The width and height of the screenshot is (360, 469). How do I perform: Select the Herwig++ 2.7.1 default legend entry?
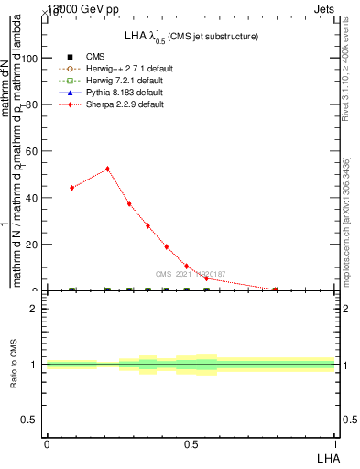click(x=128, y=69)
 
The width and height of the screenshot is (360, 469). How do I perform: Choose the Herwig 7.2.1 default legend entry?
click(x=125, y=81)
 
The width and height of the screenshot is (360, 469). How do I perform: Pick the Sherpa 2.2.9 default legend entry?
click(x=125, y=104)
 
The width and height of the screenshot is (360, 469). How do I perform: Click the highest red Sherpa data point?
click(x=107, y=169)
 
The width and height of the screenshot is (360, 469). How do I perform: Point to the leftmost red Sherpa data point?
click(x=71, y=188)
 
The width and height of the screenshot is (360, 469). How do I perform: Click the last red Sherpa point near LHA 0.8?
click(x=276, y=289)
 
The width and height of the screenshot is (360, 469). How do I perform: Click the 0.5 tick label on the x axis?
click(x=191, y=443)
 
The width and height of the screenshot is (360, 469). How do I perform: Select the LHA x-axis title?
click(x=326, y=456)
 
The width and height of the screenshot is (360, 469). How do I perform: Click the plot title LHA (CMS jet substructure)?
click(x=191, y=36)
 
